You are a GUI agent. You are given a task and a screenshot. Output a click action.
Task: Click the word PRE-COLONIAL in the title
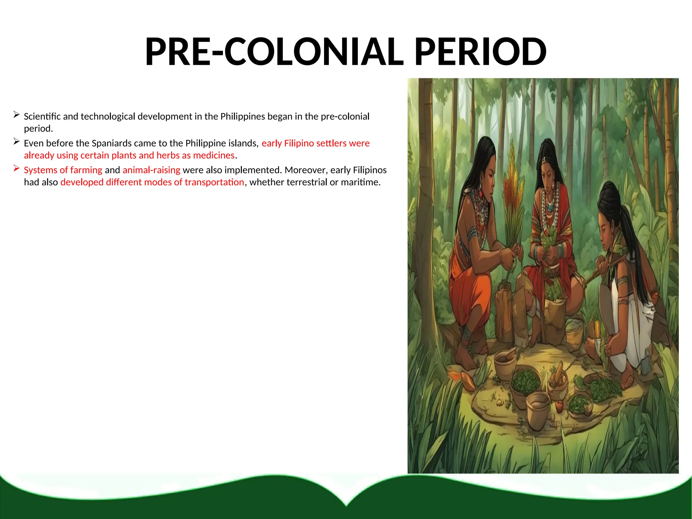click(274, 52)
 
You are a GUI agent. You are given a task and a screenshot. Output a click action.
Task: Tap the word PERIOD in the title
click(480, 52)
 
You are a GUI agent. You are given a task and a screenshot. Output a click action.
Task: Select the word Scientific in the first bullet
click(42, 117)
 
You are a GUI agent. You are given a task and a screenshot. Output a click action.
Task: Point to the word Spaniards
click(111, 143)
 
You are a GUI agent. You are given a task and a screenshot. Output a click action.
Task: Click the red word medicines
click(214, 155)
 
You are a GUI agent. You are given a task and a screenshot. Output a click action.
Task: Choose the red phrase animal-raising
click(151, 170)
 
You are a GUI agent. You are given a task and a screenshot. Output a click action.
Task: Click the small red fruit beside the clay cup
click(559, 404)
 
